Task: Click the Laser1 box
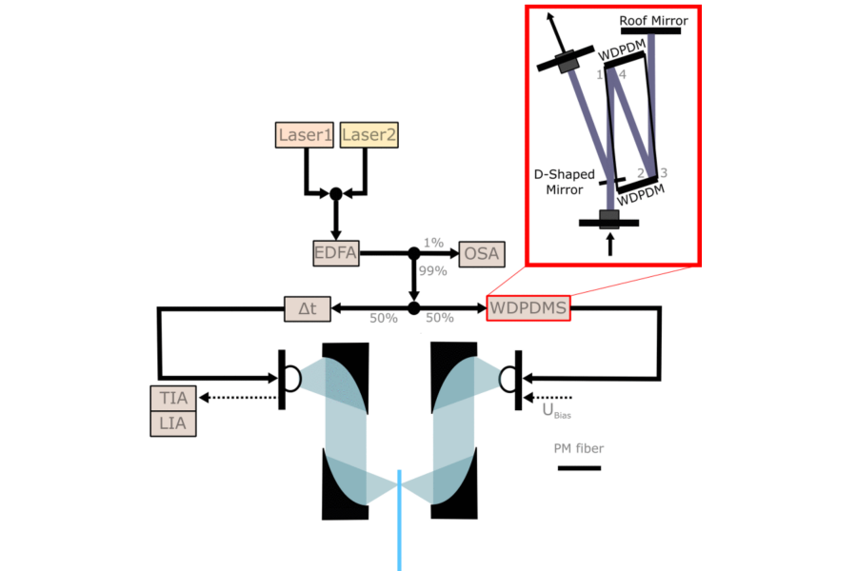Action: pos(305,135)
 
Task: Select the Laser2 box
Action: pos(369,135)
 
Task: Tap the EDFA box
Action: pos(336,253)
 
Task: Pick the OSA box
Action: pos(482,254)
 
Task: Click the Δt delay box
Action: pos(308,308)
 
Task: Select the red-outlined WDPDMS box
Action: pos(528,308)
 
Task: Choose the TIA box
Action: pos(173,398)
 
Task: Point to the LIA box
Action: pos(173,423)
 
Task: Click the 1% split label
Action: pos(433,243)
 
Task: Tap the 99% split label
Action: pos(433,271)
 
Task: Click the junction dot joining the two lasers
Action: pos(336,194)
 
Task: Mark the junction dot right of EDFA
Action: pos(414,253)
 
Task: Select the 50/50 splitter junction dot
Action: pos(414,308)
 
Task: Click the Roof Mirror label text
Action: pos(653,21)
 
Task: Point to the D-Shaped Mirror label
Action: pos(565,182)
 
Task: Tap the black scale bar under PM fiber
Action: pos(579,468)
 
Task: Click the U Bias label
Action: pos(556,411)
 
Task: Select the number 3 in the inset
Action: pos(664,173)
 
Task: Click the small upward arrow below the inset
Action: pos(610,245)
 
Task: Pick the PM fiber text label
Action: pos(579,448)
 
